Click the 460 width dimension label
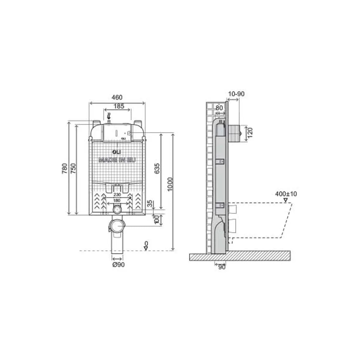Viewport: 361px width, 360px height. (x=117, y=98)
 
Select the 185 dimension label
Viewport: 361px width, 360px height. (x=119, y=106)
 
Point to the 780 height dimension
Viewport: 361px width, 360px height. (x=65, y=168)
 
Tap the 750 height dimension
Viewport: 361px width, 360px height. (x=73, y=168)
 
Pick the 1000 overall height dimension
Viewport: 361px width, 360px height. (x=170, y=184)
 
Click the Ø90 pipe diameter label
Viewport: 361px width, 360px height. (x=118, y=265)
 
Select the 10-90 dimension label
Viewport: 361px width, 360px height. (x=237, y=94)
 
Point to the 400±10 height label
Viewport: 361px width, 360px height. (x=286, y=194)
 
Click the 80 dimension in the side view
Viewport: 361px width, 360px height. (x=219, y=108)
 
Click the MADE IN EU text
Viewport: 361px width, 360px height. (x=117, y=160)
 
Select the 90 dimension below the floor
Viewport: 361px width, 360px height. (x=222, y=268)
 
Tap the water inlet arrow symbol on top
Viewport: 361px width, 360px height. (x=109, y=116)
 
